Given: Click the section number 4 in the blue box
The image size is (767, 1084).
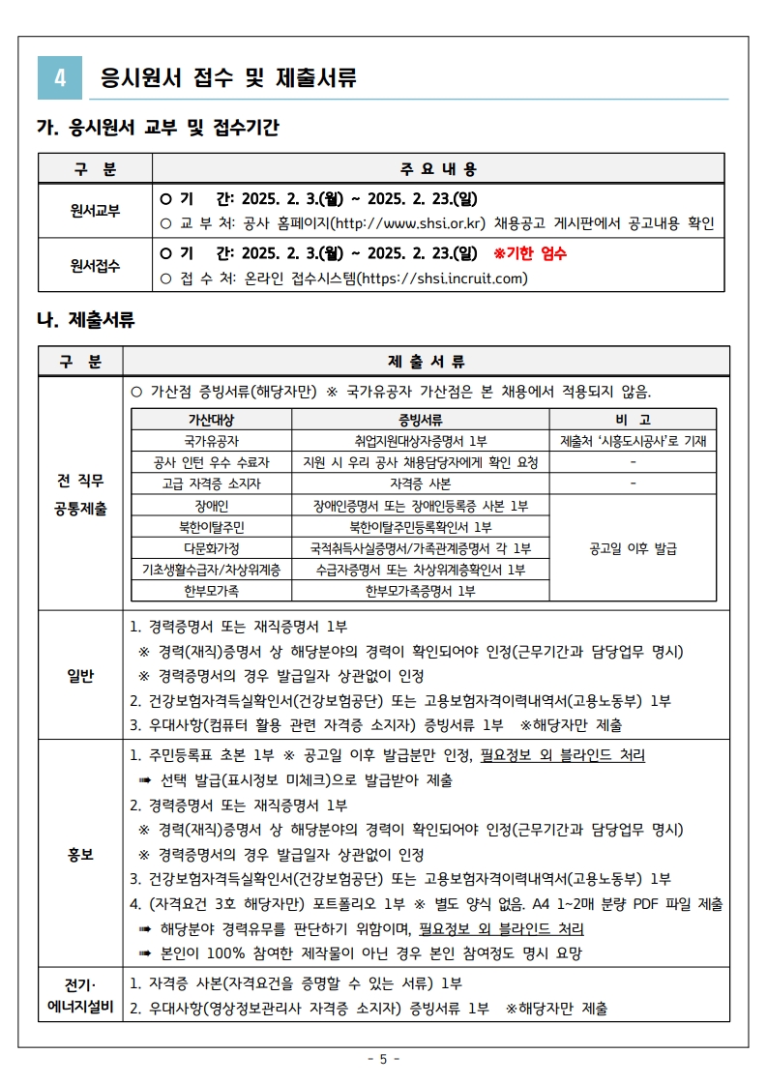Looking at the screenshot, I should (60, 78).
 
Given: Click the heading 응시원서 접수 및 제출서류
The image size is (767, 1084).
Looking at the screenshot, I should (228, 78).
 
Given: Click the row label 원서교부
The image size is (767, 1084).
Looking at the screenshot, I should (95, 211).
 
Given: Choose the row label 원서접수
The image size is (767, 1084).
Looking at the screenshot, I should (95, 266).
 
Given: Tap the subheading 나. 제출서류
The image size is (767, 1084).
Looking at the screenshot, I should (85, 320).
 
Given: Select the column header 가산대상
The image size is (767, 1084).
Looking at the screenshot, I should (212, 420).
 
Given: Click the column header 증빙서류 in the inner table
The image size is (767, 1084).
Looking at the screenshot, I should (420, 420).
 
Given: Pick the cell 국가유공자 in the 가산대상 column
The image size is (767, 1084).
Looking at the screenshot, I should (212, 441).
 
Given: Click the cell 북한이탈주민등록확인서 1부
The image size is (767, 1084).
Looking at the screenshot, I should (420, 527).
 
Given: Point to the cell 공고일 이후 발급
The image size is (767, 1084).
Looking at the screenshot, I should (633, 548).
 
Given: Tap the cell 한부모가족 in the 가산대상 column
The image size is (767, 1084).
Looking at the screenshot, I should (212, 591).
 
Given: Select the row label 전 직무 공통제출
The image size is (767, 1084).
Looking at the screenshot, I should (80, 494).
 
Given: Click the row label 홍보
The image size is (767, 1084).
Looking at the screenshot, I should (80, 854).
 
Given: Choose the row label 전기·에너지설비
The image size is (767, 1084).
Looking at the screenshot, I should (80, 996).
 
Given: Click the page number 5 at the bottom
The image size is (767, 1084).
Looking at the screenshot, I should (383, 1059).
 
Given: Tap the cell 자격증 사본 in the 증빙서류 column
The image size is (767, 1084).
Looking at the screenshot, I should (420, 483).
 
